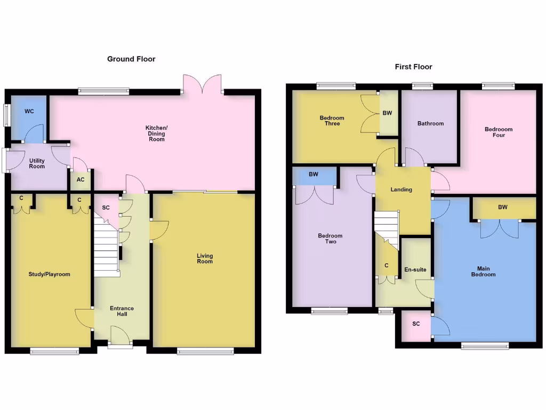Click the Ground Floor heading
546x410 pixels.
pos(131,59)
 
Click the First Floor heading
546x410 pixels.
pos(413,67)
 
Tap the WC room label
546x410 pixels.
pos(29,111)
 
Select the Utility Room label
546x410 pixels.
pos(37,163)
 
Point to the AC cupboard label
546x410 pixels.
pos(81,180)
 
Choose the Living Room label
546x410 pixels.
pos(205,258)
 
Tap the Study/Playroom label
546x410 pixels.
pos(49,274)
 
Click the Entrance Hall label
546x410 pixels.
pos(122,311)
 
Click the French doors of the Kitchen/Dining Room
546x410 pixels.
pos(202,84)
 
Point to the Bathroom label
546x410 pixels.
pos(430,123)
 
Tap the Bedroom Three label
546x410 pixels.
pos(332,121)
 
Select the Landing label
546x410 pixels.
pos(402,190)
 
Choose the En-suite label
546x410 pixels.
pos(415,270)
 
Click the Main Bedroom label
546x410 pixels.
pos(484,271)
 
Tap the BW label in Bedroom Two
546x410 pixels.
pos(314,174)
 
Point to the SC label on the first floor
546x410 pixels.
pos(416,324)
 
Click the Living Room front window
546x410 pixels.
pos(205,351)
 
